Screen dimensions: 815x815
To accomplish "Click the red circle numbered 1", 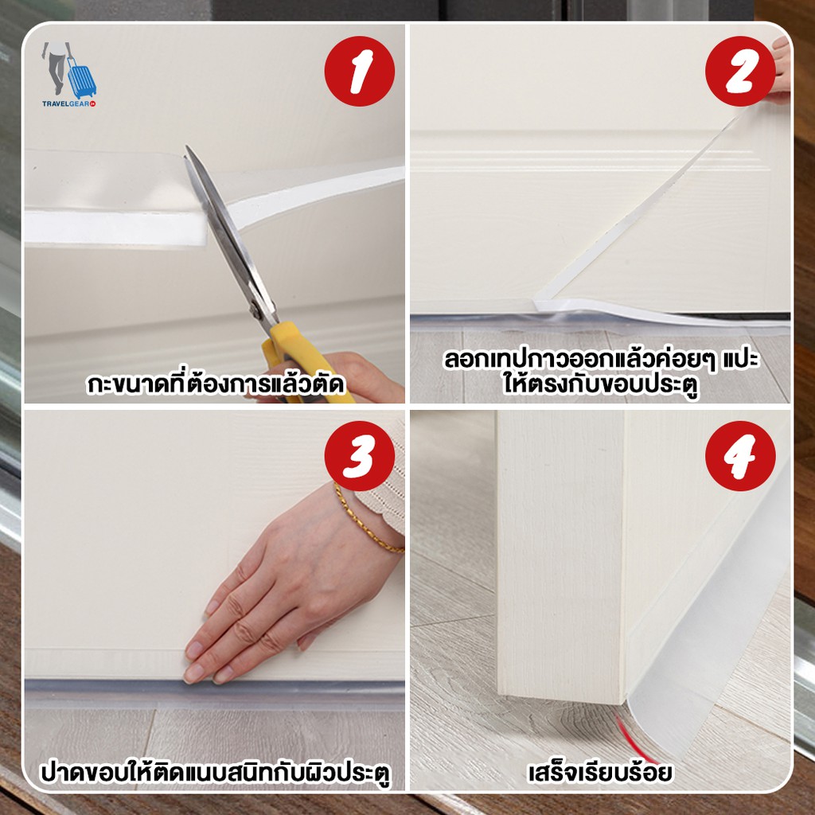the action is tap(359, 71).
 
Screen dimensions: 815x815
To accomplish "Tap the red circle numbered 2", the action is tap(740, 71).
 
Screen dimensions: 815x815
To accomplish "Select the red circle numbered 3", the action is tap(359, 456).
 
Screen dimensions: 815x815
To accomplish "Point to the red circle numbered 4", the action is tap(740, 456).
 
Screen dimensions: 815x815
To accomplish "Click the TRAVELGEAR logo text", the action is tap(68, 103).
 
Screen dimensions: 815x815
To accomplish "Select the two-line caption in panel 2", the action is tap(600, 372).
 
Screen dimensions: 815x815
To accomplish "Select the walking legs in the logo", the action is tap(57, 68).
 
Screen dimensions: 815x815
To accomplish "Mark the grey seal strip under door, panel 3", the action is tap(214, 693).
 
